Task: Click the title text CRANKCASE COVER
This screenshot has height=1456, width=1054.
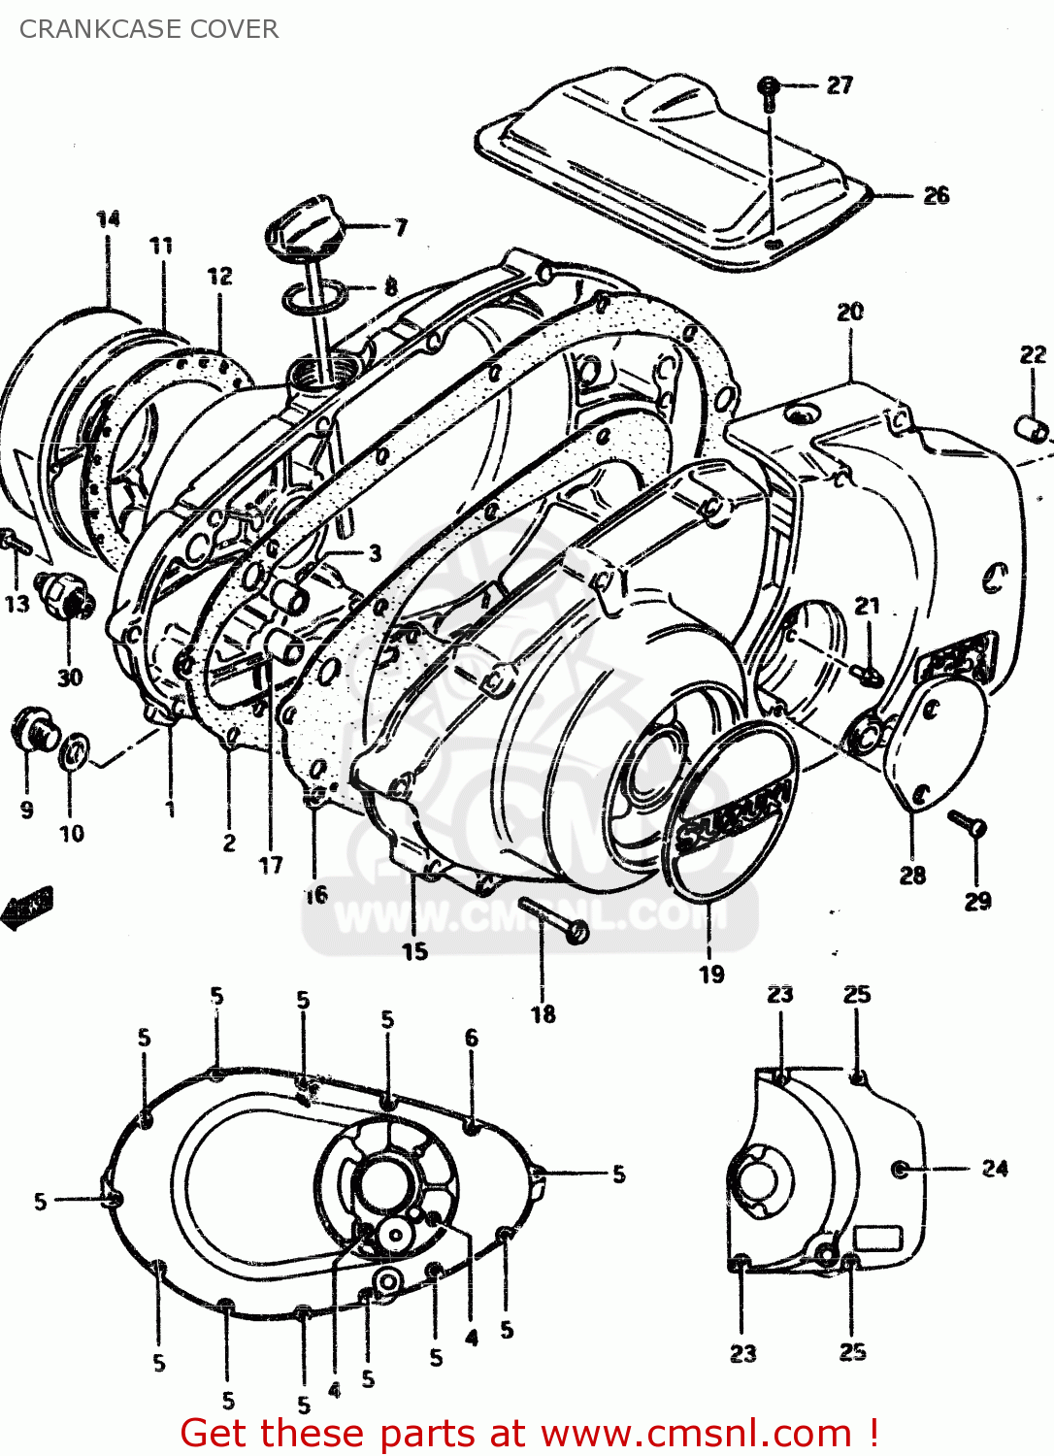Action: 148,29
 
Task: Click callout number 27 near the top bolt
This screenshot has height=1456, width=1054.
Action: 840,85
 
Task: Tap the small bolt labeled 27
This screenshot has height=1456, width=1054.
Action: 768,88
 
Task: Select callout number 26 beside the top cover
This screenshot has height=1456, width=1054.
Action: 936,195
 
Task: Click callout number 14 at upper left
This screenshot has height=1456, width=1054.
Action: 108,218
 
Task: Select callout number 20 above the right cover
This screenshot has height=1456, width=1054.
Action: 850,312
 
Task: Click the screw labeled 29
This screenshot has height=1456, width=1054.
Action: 967,823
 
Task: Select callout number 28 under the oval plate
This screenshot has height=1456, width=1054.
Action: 912,875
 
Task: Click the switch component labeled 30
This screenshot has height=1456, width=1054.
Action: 64,595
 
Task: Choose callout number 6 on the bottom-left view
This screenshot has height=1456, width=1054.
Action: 472,1038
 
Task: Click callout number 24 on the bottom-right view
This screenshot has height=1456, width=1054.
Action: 995,1168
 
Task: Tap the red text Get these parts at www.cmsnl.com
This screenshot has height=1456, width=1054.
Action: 530,1433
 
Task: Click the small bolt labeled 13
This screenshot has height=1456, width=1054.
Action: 16,544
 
